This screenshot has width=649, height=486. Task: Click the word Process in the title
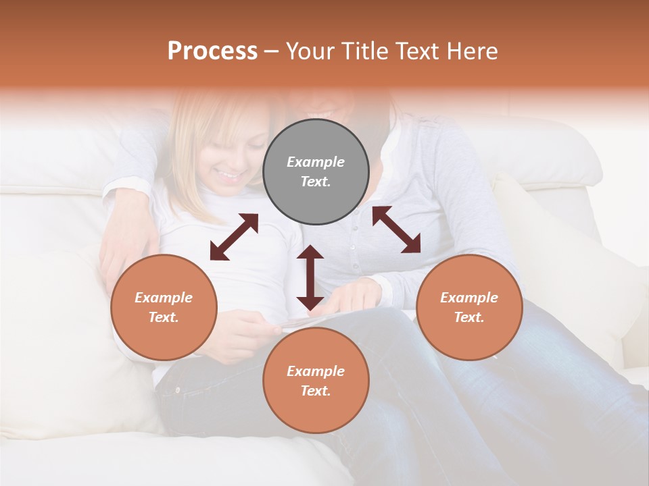(212, 51)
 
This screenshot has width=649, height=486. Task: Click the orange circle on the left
(164, 307)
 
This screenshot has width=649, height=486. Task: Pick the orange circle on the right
(468, 307)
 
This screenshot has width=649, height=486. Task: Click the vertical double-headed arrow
(310, 277)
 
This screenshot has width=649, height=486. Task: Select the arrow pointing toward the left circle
(234, 237)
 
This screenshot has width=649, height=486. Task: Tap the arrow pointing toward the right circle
(396, 230)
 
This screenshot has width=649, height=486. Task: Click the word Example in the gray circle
(316, 162)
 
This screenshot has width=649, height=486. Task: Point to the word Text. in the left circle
(164, 317)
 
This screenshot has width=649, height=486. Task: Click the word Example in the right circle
(468, 298)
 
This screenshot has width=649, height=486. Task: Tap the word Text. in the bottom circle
(316, 391)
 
